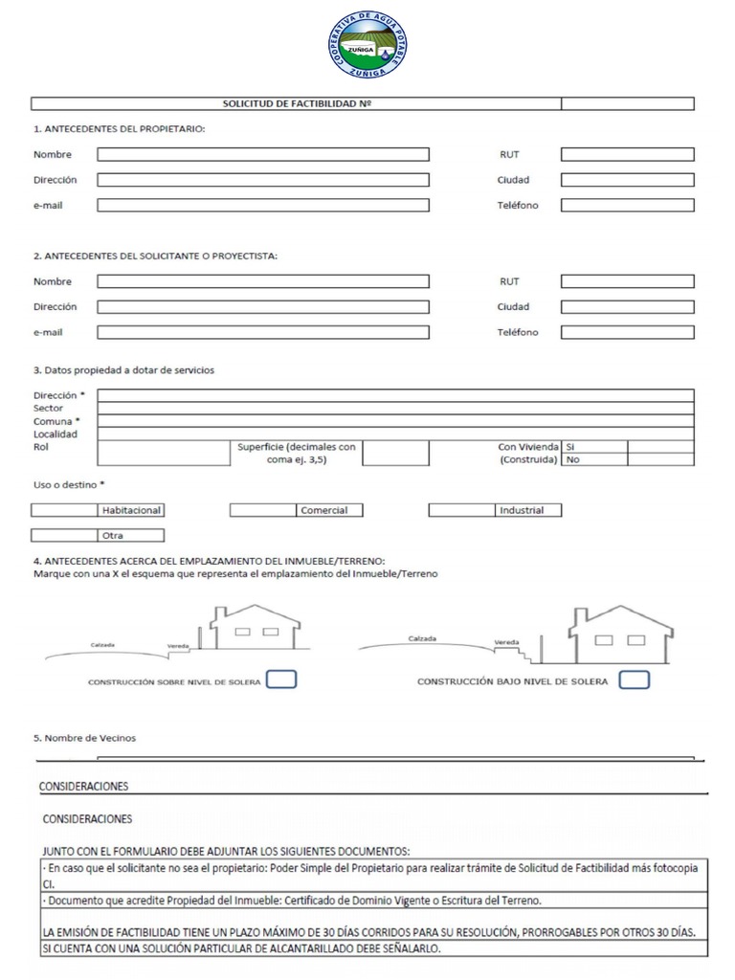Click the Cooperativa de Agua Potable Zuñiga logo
point(367,44)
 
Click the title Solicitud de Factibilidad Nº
point(296,103)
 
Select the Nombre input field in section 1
point(263,154)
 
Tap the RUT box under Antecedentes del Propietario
point(627,154)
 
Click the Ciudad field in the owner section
point(627,180)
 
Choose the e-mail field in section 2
point(263,333)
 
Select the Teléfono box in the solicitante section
point(627,333)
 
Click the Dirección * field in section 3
point(396,395)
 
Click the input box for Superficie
point(395,453)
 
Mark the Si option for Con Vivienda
point(660,446)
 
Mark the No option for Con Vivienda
point(660,459)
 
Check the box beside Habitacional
point(65,510)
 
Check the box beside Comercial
point(263,510)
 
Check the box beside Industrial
point(461,510)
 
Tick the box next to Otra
point(65,536)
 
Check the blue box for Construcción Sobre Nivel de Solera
point(280,679)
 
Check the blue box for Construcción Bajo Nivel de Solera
point(634,679)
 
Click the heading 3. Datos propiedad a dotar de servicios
point(123,370)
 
